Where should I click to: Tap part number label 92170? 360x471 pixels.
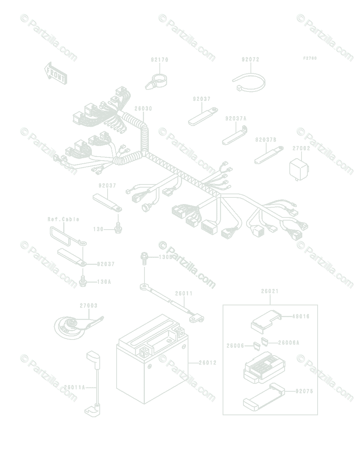[159, 60]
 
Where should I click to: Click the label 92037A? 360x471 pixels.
[236, 118]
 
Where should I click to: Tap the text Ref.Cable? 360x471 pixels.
[64, 219]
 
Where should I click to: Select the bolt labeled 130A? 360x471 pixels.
[83, 281]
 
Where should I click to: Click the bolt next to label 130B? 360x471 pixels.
[144, 257]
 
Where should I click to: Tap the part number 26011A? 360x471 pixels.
[74, 387]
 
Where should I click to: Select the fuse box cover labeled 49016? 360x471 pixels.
[265, 319]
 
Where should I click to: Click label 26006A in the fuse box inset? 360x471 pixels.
[289, 343]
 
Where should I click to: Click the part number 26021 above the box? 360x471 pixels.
[270, 291]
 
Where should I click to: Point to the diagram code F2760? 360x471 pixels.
[310, 58]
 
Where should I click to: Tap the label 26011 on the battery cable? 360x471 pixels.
[184, 294]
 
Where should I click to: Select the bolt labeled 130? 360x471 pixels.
[117, 227]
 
